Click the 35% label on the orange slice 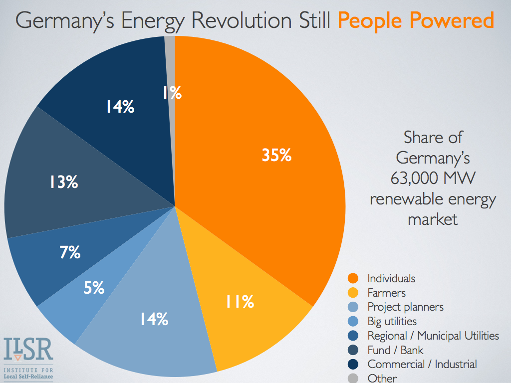tap(276, 156)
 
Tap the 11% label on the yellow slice tap(240, 301)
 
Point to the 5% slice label tap(94, 287)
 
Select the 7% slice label tap(70, 253)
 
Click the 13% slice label tap(63, 182)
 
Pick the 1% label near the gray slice tap(172, 92)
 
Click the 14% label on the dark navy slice tap(119, 106)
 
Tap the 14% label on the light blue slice tap(153, 319)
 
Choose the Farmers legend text tap(386, 293)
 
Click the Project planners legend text tap(405, 307)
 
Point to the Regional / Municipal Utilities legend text tap(433, 336)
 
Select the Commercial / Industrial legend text tap(422, 364)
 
